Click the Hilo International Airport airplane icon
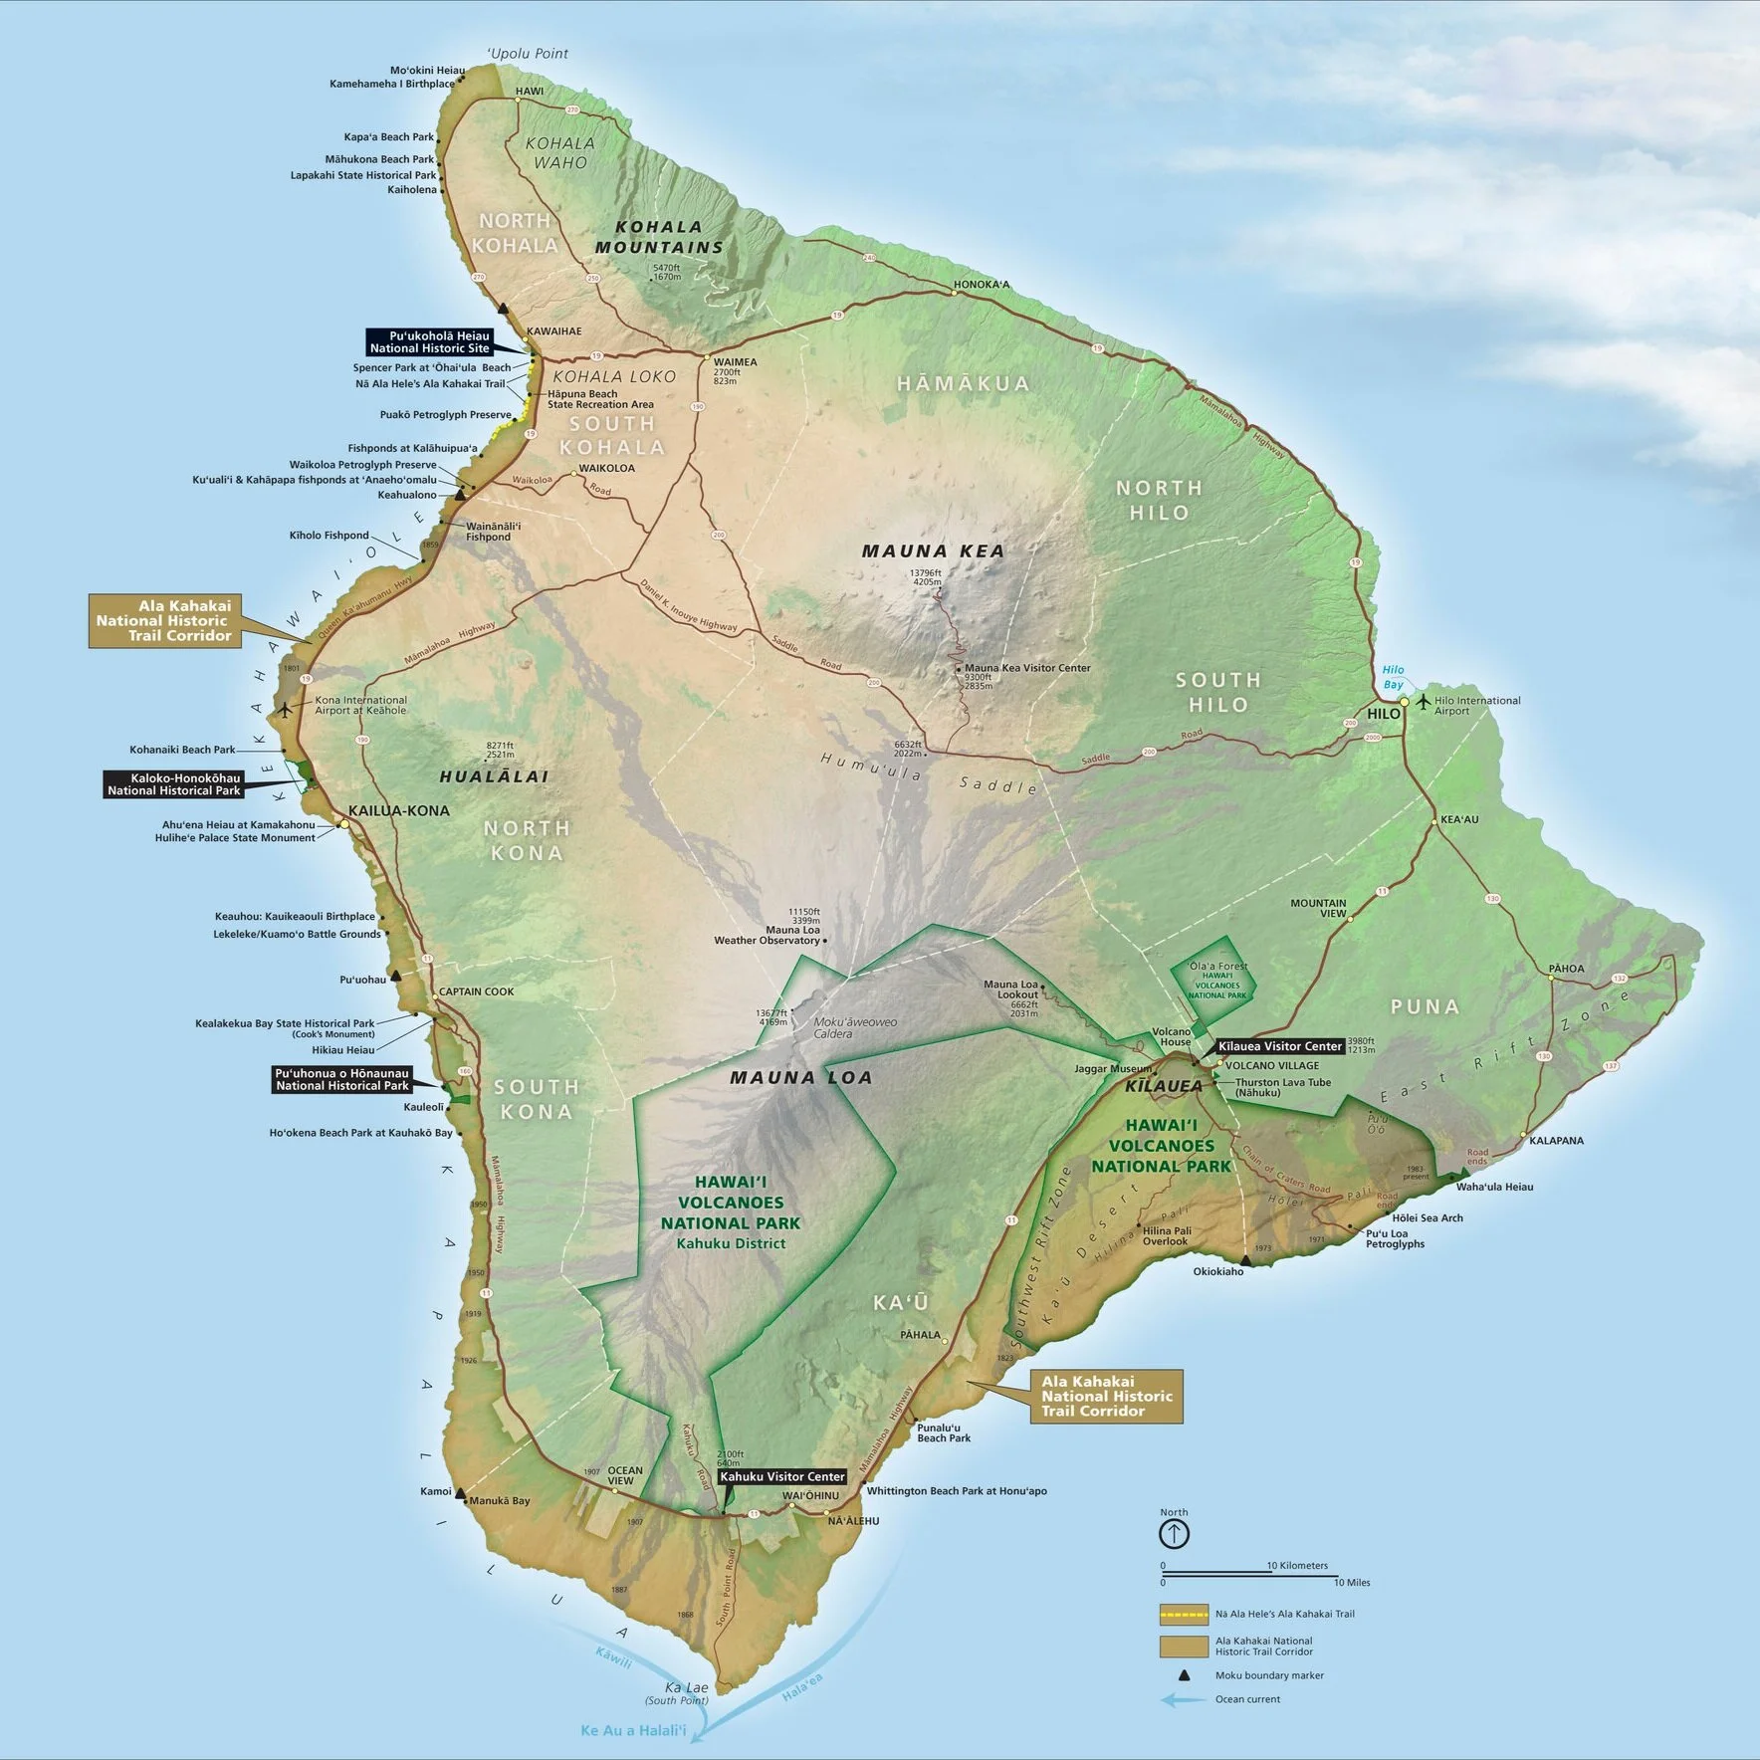point(1424,702)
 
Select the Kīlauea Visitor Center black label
point(1280,1046)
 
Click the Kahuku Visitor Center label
point(782,1476)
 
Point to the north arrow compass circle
point(1174,1534)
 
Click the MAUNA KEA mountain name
point(933,550)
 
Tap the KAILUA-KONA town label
point(399,810)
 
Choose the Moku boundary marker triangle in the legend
point(1184,1675)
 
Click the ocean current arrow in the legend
point(1182,1699)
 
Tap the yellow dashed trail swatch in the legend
point(1183,1614)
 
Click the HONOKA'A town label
point(982,285)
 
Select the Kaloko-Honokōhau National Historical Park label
point(174,784)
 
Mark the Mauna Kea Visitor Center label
point(1027,668)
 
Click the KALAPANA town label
point(1557,1141)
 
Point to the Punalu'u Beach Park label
point(944,1432)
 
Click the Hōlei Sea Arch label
point(1428,1217)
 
